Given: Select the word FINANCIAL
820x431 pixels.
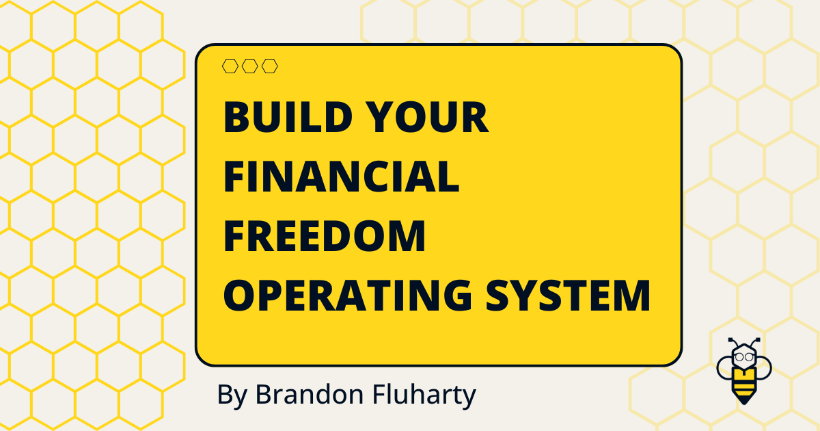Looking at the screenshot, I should pyautogui.click(x=341, y=177).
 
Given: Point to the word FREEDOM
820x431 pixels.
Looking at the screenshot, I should pyautogui.click(x=325, y=236).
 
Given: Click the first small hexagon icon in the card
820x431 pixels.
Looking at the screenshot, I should pyautogui.click(x=230, y=66).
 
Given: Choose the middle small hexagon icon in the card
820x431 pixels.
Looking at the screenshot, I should pyautogui.click(x=250, y=66).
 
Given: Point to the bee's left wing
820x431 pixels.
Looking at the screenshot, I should pyautogui.click(x=724, y=369).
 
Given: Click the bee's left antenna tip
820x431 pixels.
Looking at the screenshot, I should pyautogui.click(x=730, y=339).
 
